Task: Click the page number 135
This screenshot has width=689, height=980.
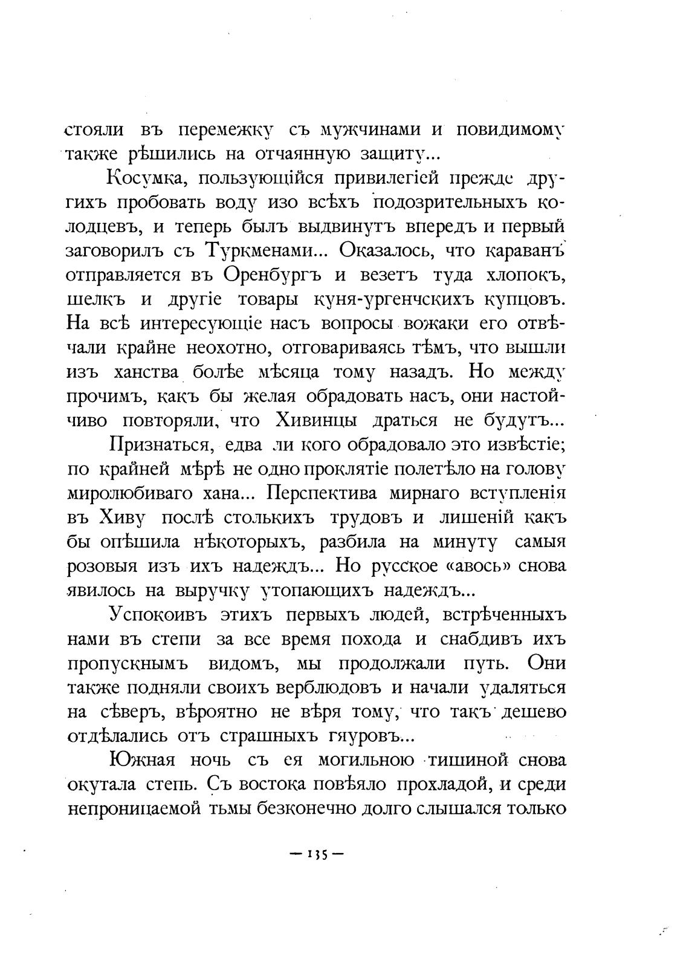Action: click(x=317, y=855)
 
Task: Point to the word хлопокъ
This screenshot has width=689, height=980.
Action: click(x=525, y=275)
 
